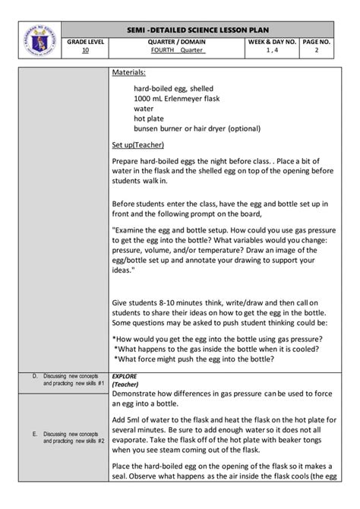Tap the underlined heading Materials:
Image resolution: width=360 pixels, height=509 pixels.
[x=129, y=73]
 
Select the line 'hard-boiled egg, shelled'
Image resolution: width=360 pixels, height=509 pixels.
[x=176, y=89]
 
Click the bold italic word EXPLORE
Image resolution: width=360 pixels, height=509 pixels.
[x=125, y=375]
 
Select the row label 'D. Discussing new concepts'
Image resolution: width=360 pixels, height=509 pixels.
[x=70, y=379]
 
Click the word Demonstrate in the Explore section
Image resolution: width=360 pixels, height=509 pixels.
[x=141, y=394]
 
